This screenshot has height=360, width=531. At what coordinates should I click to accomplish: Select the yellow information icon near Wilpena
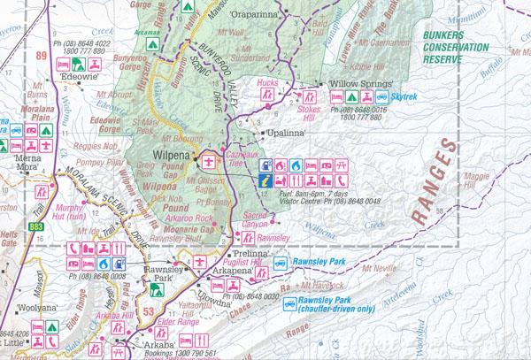click(265, 180)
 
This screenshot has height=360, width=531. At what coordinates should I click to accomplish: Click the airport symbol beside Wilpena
click(210, 163)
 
